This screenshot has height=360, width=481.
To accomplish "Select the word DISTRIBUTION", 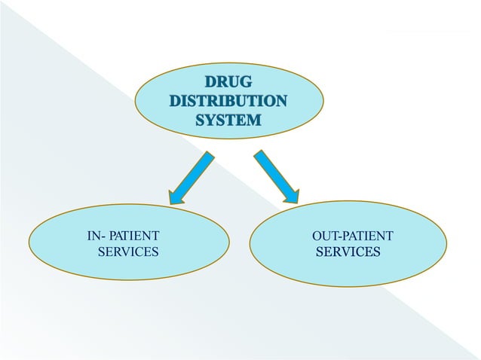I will (x=228, y=101).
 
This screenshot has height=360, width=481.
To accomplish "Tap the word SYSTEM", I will (x=228, y=119).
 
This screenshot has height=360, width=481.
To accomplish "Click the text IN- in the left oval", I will (x=94, y=236).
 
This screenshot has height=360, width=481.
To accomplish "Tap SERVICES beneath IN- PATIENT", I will (x=128, y=252).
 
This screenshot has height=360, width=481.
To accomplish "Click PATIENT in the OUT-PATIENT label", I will (x=366, y=236).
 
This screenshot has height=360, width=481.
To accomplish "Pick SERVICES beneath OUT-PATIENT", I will (x=348, y=252).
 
